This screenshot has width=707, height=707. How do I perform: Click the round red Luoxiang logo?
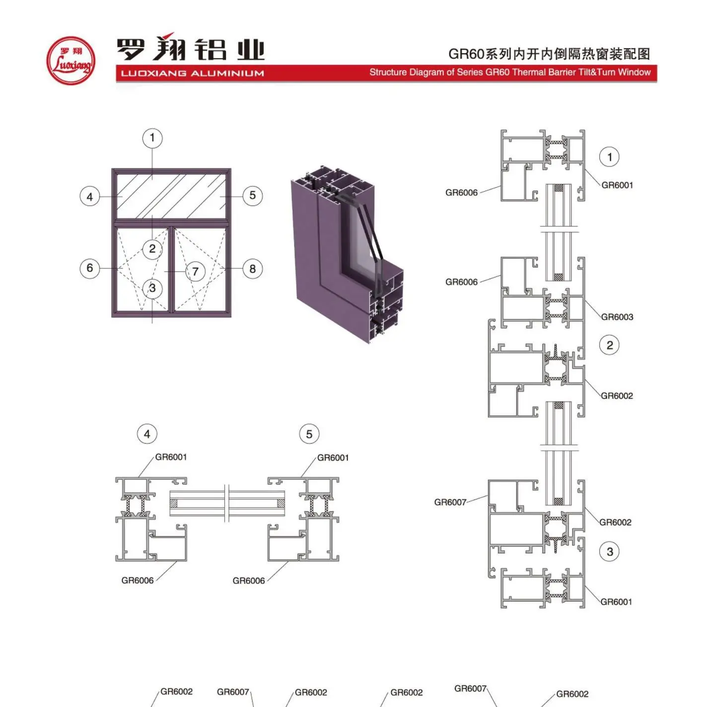pos(71,61)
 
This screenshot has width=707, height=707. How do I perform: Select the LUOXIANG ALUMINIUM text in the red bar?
pos(192,73)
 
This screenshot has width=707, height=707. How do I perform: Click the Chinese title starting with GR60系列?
pos(549,54)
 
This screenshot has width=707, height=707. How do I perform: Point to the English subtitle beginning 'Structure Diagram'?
pos(510,72)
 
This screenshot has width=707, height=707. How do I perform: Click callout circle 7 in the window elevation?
pos(195,272)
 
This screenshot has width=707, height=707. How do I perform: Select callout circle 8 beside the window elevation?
pos(252,269)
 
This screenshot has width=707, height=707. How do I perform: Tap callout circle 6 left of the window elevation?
pos(90,268)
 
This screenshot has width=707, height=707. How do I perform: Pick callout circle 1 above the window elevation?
pos(152,138)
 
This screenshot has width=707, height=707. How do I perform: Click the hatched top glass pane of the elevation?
pos(171,196)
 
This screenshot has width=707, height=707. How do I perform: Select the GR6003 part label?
pos(617,317)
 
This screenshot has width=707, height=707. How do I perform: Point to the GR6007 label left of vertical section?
pos(450,502)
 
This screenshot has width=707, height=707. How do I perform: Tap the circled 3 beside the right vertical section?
pos(610,552)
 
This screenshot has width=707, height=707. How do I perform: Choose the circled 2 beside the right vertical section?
pos(610,345)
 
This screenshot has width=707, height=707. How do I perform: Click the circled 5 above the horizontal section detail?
pos(309,434)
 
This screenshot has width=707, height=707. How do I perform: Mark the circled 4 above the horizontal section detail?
pos(147,434)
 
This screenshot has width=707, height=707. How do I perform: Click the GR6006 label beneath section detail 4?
pos(138,580)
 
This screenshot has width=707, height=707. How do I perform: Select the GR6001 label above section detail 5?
pos(333,458)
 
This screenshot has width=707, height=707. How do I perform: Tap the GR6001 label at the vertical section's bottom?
pos(616,602)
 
